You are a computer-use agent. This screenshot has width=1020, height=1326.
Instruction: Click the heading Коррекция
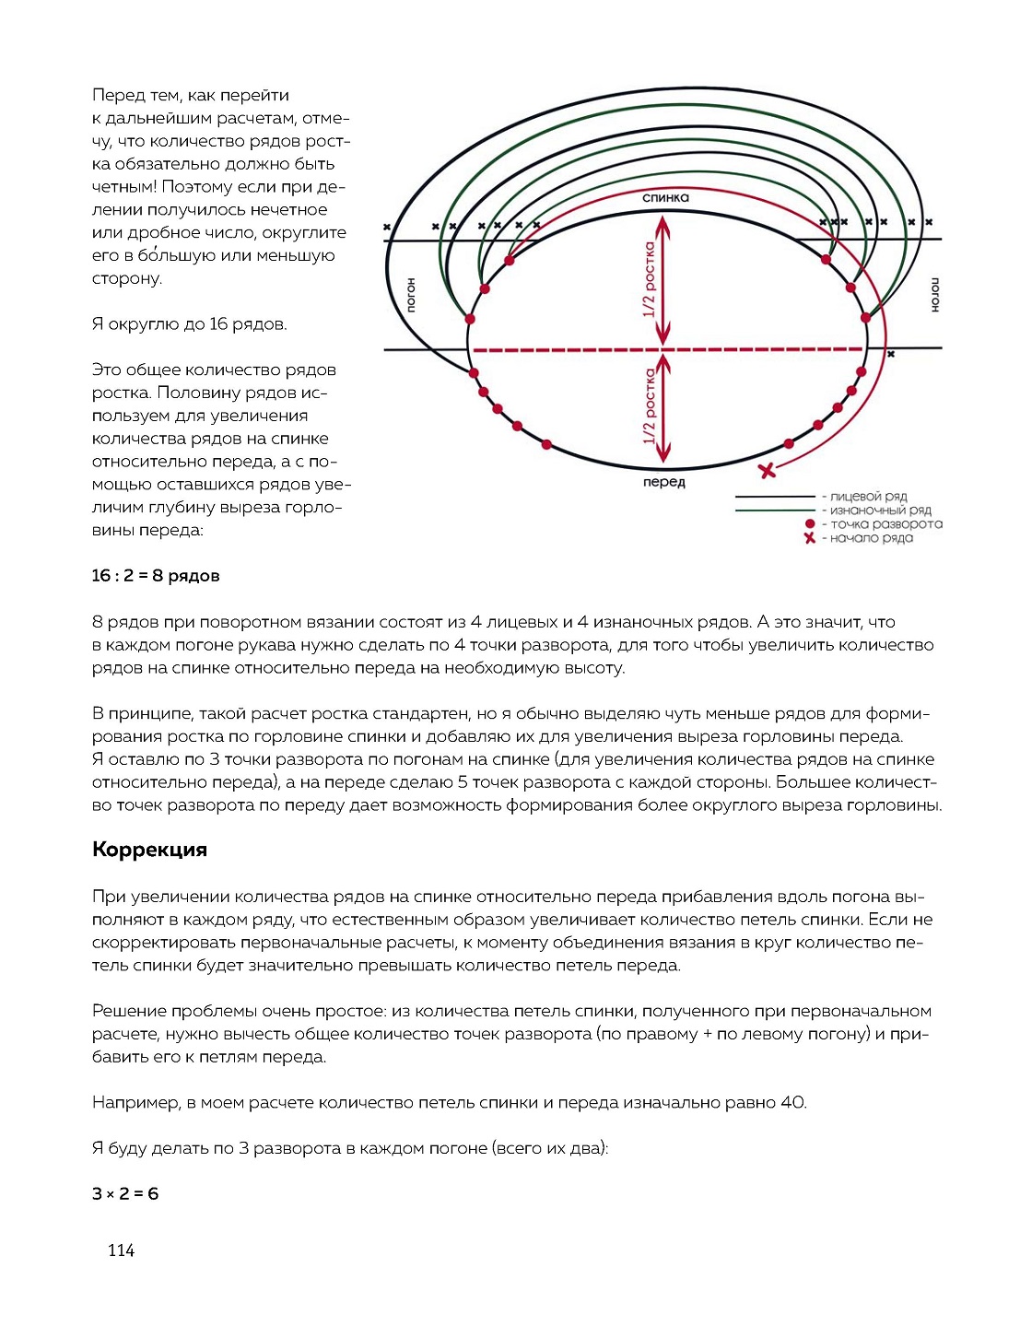tap(149, 850)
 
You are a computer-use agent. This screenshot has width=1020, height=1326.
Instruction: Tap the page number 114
tap(121, 1250)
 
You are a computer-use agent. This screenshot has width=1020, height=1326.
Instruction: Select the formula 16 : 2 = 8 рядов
tap(156, 576)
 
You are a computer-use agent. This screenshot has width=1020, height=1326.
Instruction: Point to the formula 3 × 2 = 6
tap(125, 1194)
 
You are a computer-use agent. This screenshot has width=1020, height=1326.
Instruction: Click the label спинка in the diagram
tap(665, 197)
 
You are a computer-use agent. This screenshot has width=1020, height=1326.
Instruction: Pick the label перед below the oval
tap(664, 482)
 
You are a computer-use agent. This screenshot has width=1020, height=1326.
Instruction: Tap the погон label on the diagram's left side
tap(412, 295)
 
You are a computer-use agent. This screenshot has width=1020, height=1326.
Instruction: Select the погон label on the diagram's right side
tap(934, 295)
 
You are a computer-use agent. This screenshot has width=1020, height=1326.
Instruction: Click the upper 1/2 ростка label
tap(650, 279)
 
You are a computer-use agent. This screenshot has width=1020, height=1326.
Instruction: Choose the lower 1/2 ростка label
tap(650, 406)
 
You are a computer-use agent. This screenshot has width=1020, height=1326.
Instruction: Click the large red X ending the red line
tap(767, 471)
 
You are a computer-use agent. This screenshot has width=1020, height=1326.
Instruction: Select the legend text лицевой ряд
tap(869, 497)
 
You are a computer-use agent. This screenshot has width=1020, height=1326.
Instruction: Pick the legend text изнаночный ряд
tap(881, 510)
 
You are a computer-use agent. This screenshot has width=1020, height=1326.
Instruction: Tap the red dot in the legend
tap(810, 524)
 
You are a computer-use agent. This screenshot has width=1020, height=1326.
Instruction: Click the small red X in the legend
tap(810, 538)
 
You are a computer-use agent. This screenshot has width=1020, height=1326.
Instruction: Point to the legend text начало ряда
tap(872, 538)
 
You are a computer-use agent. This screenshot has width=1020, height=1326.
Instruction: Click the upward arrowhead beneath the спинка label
tap(663, 223)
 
